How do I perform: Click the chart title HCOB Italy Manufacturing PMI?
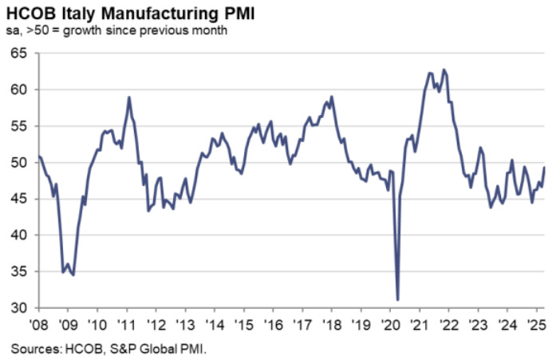111,12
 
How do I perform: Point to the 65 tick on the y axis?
18,53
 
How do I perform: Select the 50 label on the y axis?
18,163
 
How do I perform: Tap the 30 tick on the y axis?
18,309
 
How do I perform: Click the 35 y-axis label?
18,272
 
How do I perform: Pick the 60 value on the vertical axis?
18,90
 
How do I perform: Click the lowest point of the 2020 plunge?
397,299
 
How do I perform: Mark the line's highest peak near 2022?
444,69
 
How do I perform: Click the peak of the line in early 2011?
128,97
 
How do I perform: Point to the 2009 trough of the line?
73,275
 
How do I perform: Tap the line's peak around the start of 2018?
332,97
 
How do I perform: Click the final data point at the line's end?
544,167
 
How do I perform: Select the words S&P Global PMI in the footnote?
152,348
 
